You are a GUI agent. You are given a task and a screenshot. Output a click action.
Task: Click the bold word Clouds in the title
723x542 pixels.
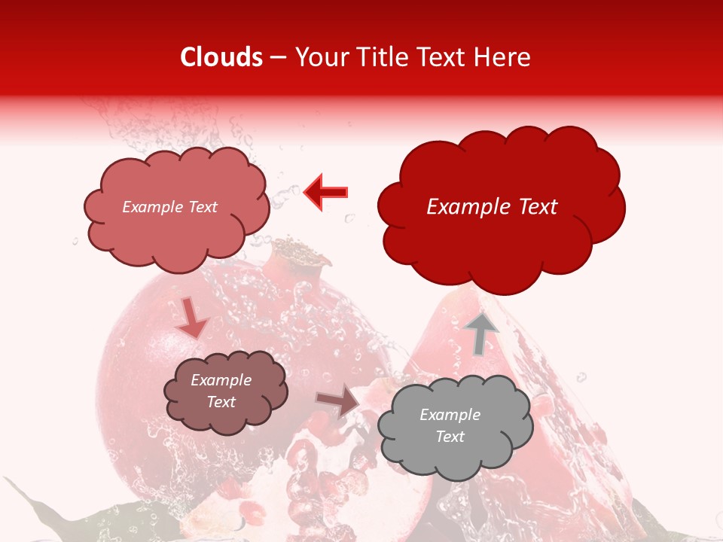[221, 57]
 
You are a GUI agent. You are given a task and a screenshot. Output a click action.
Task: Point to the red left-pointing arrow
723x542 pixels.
[326, 191]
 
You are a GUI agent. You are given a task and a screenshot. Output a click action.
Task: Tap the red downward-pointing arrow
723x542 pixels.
[193, 317]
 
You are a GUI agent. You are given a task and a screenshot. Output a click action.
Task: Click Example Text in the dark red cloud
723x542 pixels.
[492, 207]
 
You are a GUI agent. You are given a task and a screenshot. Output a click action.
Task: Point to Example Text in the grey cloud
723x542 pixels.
[450, 425]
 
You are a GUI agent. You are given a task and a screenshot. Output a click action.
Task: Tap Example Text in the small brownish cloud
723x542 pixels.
[221, 391]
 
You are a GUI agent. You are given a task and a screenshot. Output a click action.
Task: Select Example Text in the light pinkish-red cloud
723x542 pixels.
[169, 207]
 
